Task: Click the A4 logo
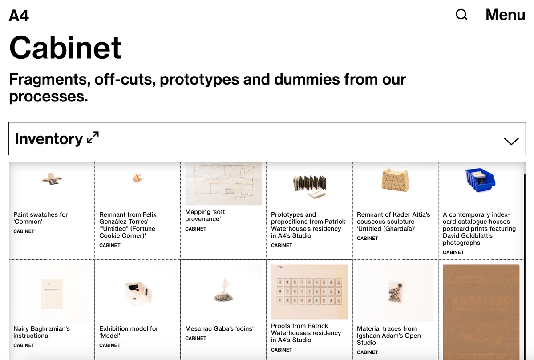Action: point(19,16)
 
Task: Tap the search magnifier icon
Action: point(461,15)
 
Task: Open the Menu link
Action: point(506,15)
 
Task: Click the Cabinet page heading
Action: point(65,47)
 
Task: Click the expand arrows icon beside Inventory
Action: point(93,138)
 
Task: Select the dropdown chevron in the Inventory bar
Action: point(511,141)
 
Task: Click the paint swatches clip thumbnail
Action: point(52,179)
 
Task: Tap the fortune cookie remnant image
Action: point(138,178)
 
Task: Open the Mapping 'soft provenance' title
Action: point(205,215)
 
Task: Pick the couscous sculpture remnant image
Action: point(395,180)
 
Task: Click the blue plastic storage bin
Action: point(480,180)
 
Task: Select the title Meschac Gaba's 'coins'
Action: point(219,328)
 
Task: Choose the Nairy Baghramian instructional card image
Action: point(52,294)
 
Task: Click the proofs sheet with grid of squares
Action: point(309,292)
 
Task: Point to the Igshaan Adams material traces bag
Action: point(396,292)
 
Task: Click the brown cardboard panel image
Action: point(481,312)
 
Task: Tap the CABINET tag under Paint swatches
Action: point(24,231)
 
